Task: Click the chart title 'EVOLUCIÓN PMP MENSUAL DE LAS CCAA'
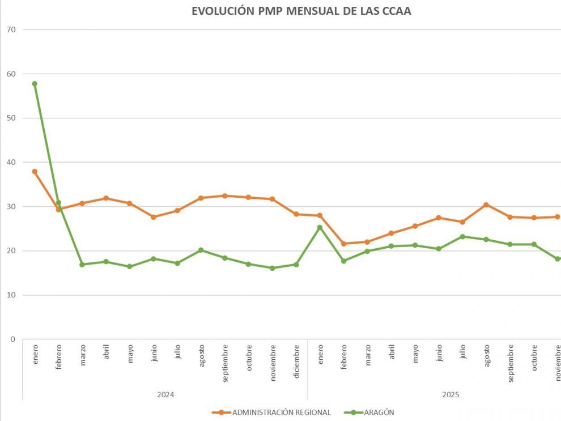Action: (301, 11)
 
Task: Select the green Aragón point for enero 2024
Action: (35, 84)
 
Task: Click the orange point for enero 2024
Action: (35, 171)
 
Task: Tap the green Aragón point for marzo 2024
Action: (82, 265)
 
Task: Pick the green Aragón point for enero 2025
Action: (320, 227)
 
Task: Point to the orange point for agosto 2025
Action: (486, 205)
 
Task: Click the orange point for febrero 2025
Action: (343, 244)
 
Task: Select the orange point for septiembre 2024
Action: (224, 195)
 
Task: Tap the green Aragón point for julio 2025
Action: (462, 236)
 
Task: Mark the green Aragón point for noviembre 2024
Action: (272, 268)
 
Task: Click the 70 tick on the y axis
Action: (11, 29)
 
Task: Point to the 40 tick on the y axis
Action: (11, 162)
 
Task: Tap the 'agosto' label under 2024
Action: (201, 356)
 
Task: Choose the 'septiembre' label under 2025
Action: (511, 363)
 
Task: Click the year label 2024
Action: (165, 394)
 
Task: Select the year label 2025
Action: (450, 394)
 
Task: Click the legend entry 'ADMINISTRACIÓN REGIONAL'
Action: (281, 413)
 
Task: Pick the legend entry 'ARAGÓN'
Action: (378, 413)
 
